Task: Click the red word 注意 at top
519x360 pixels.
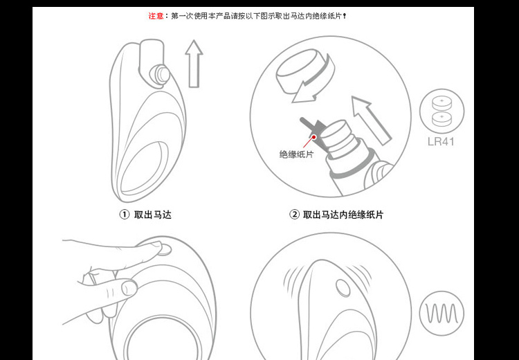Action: coord(156,15)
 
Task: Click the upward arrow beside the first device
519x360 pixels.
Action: coord(194,64)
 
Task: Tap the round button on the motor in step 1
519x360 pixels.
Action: coord(160,75)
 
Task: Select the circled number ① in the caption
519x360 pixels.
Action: coord(124,215)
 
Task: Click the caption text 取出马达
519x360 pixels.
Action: coord(153,215)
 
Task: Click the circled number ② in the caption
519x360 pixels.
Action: coord(294,215)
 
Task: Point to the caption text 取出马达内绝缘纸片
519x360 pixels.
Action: coord(343,215)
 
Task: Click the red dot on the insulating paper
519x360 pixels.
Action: coord(313,137)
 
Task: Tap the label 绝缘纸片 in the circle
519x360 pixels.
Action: coord(296,154)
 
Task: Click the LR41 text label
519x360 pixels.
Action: coord(441,142)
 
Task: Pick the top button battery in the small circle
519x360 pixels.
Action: coord(441,102)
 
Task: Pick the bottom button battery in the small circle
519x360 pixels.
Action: coord(441,119)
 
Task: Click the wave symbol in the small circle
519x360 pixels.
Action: coord(441,314)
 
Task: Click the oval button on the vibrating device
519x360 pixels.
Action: coord(343,287)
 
